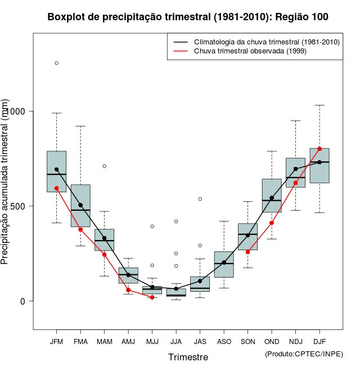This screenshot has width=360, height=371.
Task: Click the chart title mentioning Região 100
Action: point(188,17)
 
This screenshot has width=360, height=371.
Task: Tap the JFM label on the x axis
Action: point(56,342)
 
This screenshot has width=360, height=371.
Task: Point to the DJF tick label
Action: point(319,342)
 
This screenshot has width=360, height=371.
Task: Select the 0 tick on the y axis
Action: point(23,301)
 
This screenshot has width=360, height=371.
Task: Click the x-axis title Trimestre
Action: point(188,357)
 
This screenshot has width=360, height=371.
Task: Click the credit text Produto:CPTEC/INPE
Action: point(304,354)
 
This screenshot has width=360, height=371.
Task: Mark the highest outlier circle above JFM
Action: point(56,63)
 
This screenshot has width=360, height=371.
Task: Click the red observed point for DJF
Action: point(319,148)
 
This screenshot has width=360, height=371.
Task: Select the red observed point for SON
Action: point(247,252)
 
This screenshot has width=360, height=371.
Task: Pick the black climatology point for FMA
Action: point(80,205)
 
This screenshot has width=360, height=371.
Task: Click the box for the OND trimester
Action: point(272,195)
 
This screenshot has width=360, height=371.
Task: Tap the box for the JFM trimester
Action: point(56,171)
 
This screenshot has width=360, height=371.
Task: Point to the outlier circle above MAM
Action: point(104,166)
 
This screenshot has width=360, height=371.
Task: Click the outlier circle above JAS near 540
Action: point(200,199)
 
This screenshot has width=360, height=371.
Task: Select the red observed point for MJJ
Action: point(152,297)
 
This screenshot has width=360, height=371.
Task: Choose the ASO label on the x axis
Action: point(224,342)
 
